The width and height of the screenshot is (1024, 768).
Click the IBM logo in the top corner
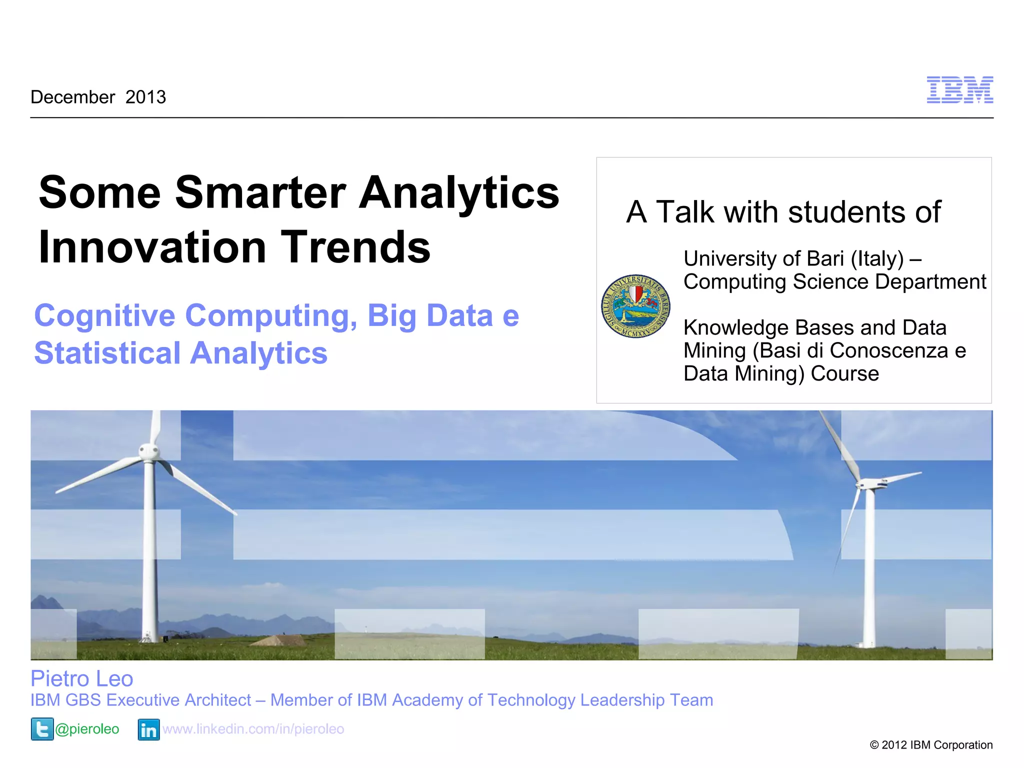pos(959,90)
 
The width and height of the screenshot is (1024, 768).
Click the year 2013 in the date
pos(145,97)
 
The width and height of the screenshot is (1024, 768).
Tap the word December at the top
pos(73,97)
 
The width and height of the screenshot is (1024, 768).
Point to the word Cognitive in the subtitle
pos(104,316)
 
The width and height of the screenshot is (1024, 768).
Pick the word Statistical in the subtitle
pos(107,353)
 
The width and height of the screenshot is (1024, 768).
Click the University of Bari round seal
pos(635,306)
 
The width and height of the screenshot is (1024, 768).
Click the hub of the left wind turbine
pos(148,452)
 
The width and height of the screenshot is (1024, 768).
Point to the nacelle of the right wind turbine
pos(870,483)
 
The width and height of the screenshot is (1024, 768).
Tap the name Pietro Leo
pos(82,678)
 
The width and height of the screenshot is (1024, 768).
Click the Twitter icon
pos(42,729)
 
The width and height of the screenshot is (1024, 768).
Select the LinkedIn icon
pos(148,729)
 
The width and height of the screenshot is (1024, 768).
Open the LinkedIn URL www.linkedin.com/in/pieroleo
pos(253,729)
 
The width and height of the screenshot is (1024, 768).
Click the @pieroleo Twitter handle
pos(87,729)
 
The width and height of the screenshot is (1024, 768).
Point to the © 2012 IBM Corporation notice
pos(931,745)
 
